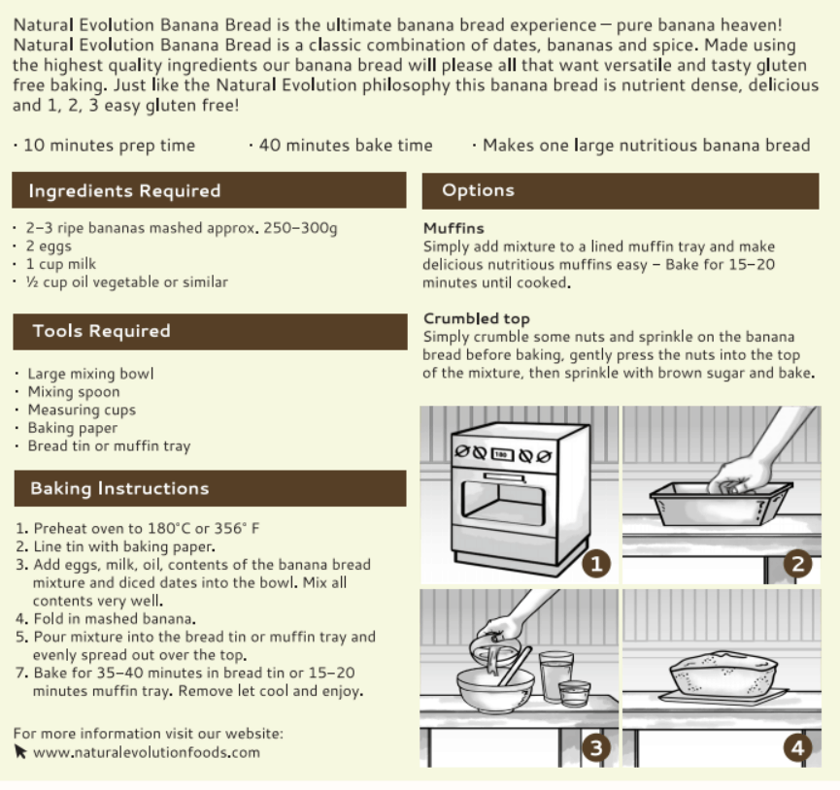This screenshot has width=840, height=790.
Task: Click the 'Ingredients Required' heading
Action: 124,191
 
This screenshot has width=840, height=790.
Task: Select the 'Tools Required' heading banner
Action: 101,331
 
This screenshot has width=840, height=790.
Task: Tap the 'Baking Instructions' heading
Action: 119,488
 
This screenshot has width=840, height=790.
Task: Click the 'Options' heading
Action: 478,190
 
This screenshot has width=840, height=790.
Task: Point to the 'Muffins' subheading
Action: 454,229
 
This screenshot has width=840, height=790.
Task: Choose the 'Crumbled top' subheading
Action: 476,318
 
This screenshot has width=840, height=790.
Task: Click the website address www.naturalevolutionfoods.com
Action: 147,752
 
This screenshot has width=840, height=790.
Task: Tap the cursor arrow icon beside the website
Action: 20,752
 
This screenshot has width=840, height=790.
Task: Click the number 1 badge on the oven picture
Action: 594,564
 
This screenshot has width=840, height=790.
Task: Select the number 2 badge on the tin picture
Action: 797,564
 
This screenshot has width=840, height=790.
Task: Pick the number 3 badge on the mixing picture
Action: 594,747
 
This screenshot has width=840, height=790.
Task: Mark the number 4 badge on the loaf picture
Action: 797,747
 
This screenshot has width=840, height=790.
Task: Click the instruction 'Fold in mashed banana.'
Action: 115,618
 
